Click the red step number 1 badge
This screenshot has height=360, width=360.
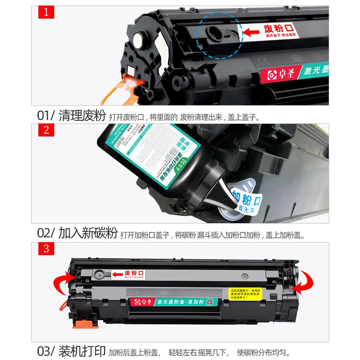tap(46, 12)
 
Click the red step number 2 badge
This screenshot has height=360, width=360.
tap(46, 130)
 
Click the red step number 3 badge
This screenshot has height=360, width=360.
tap(46, 249)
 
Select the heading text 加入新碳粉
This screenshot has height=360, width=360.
tap(88, 233)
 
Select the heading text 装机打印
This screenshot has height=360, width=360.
tap(82, 351)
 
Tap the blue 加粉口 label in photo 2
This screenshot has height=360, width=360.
tap(246, 198)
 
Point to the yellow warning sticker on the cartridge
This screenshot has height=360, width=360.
tap(246, 293)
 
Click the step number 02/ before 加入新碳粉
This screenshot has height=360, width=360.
tap(46, 233)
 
